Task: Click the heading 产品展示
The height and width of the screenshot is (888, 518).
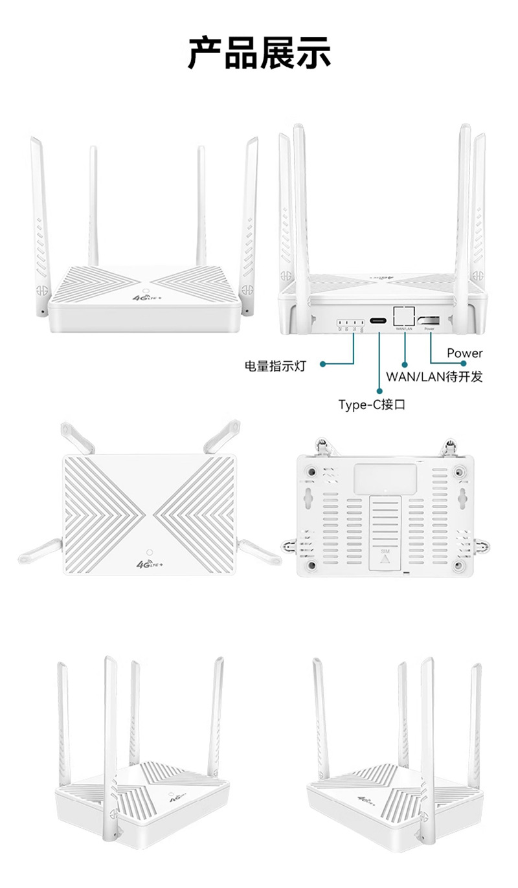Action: pos(259,53)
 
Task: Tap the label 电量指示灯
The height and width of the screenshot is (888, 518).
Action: pos(275,366)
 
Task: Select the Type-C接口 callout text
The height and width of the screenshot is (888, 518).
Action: pos(372,405)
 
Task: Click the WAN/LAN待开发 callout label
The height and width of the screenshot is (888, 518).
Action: pos(434,377)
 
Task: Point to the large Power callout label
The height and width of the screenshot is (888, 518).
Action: pos(464,353)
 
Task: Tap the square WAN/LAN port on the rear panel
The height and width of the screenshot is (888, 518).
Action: pos(404,316)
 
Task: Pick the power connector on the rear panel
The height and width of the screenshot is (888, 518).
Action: pos(429,320)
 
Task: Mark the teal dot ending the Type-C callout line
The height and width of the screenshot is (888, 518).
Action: pos(380,390)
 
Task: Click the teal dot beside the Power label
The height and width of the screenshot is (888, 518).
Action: pos(464,364)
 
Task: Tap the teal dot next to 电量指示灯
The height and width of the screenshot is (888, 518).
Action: pos(322,364)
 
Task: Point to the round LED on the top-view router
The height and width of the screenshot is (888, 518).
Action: pos(150,552)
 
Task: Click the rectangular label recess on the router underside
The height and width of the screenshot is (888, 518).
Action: pos(385,479)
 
